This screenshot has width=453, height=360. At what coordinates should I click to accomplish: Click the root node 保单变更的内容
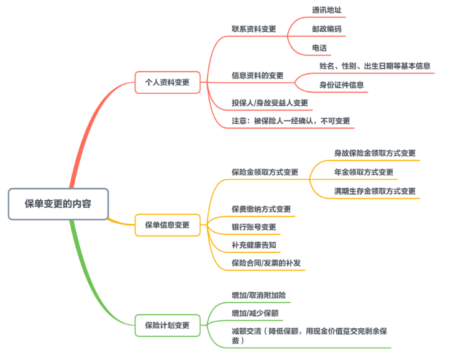point(58,203)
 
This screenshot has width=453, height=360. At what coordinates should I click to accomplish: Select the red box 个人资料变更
point(167,82)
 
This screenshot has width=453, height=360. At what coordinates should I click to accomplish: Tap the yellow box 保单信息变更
point(167,224)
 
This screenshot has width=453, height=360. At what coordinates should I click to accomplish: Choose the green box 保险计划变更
point(167,325)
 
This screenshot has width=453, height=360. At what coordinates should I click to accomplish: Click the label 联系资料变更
point(254,29)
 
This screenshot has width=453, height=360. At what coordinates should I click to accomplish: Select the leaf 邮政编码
point(326,29)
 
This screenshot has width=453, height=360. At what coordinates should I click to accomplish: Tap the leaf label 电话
point(319,48)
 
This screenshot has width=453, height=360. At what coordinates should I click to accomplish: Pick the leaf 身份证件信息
point(341,85)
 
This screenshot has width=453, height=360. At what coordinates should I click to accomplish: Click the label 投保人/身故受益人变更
point(270,103)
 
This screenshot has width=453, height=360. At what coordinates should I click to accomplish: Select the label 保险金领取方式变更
point(265,172)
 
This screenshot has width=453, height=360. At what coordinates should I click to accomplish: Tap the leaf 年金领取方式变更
point(364,172)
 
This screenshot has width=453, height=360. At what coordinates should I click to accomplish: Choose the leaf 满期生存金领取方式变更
point(375,191)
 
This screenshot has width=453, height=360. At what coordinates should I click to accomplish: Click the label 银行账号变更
point(254,227)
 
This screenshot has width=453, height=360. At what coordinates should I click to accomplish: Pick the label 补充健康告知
point(254,244)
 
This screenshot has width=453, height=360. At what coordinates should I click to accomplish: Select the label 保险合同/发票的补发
point(266,263)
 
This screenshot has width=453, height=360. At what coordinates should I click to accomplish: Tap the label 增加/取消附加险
point(259,294)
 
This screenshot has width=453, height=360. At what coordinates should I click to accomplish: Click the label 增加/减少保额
point(255,312)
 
